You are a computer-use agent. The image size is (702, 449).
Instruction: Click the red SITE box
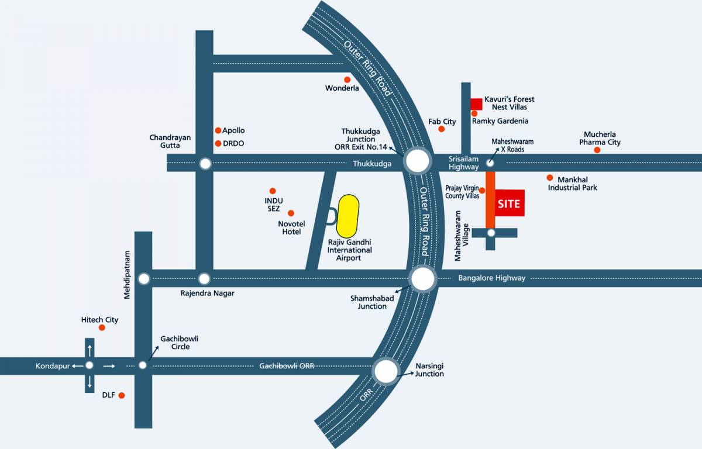(x=508, y=203)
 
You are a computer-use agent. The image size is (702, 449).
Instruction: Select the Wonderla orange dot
(x=347, y=80)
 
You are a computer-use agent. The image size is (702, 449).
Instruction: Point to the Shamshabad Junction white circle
(x=423, y=279)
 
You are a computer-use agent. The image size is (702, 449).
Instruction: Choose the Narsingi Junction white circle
(x=386, y=371)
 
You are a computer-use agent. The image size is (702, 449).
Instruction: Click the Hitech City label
(x=99, y=320)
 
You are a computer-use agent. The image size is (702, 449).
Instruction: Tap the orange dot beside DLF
(x=122, y=396)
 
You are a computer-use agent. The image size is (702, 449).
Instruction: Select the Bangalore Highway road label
(x=491, y=278)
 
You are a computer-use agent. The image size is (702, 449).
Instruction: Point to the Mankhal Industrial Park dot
(x=550, y=178)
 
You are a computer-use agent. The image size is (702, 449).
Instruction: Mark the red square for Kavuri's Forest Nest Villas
(x=476, y=104)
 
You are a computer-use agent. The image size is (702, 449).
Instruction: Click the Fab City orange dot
(x=433, y=129)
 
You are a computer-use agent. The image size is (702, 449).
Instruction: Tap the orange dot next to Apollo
(x=218, y=130)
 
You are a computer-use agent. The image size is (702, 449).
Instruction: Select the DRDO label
(x=233, y=143)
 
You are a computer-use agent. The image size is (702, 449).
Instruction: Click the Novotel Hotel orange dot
(x=291, y=213)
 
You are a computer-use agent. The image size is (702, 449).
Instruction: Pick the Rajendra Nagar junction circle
(x=204, y=279)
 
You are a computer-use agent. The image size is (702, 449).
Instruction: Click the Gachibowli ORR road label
(x=287, y=366)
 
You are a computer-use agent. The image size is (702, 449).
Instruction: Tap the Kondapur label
(x=53, y=366)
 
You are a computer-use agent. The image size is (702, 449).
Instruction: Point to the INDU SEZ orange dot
(x=272, y=191)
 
